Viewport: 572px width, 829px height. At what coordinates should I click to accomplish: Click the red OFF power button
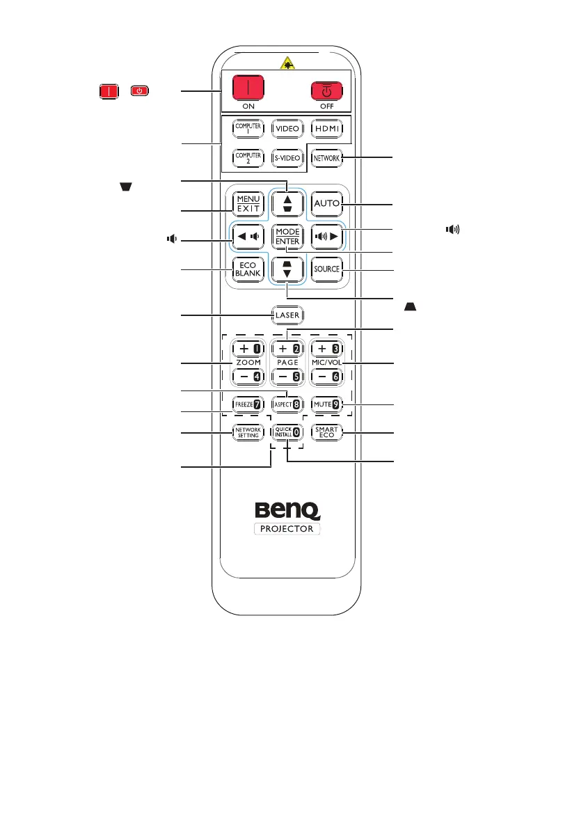(325, 92)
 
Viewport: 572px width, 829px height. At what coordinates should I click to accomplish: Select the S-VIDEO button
(287, 158)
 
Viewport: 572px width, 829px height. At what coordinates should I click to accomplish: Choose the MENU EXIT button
(247, 203)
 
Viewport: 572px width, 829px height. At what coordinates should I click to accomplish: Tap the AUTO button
(325, 203)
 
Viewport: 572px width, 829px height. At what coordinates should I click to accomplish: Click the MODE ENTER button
(286, 236)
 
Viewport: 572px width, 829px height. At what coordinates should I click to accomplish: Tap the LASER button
(286, 315)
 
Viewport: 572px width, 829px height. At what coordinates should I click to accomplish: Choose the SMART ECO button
(325, 432)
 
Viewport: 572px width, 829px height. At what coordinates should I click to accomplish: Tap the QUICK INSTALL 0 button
(286, 432)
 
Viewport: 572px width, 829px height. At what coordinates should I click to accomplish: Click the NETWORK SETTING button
(247, 432)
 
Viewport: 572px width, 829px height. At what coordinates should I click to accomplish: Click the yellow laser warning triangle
(285, 63)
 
